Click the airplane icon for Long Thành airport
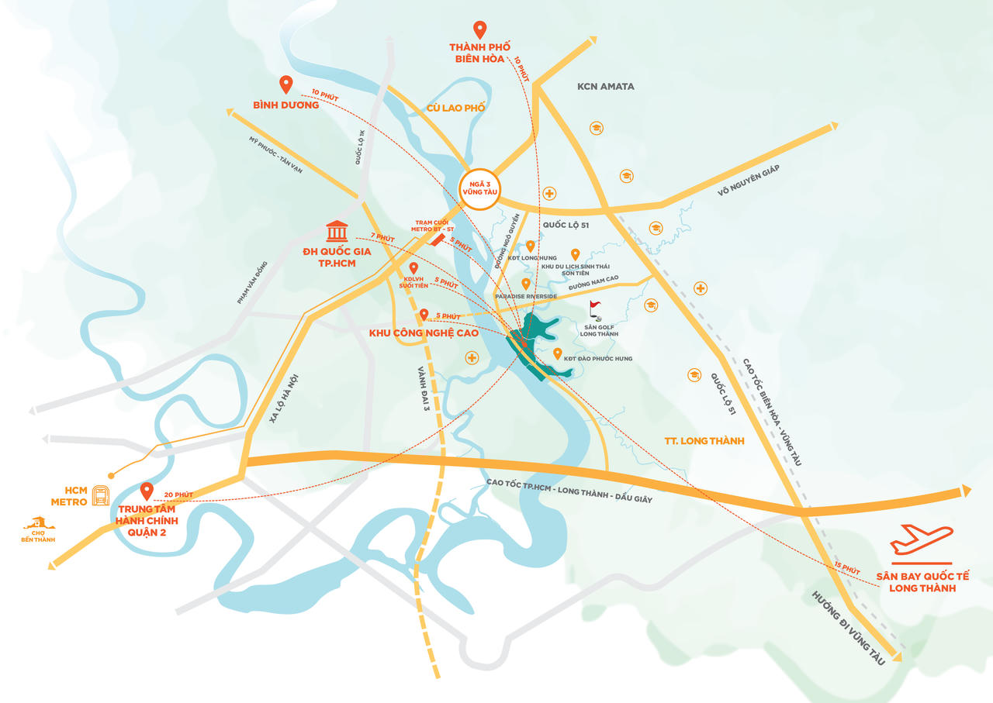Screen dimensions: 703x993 (x=921, y=539)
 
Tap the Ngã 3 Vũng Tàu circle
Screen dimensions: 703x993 (x=479, y=187)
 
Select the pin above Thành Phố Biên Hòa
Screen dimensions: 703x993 (x=480, y=30)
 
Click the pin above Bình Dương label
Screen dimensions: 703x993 (x=285, y=84)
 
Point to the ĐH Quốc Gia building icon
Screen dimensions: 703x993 (x=337, y=231)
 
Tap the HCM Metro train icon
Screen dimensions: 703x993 (x=101, y=495)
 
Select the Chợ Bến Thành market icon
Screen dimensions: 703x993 (x=39, y=525)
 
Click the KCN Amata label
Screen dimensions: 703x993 (x=605, y=86)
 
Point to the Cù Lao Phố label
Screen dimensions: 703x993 (x=455, y=108)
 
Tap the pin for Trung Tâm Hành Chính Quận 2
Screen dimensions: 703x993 (x=146, y=491)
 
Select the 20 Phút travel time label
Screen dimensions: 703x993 (x=179, y=495)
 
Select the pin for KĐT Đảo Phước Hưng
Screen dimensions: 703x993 (x=558, y=354)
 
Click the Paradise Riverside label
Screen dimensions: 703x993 (x=527, y=296)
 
